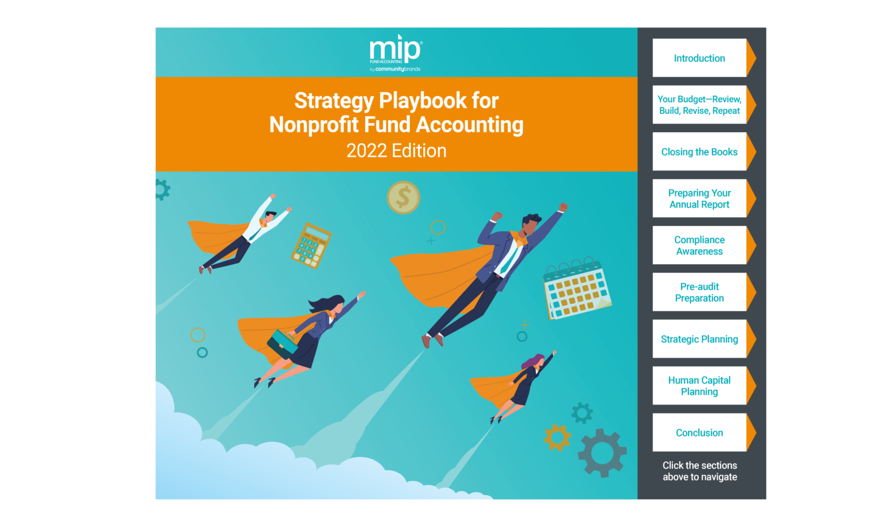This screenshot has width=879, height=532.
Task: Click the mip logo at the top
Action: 395,53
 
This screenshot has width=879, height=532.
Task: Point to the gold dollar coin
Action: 403,197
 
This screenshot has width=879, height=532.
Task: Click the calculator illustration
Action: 311,245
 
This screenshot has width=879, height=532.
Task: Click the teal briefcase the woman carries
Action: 282,344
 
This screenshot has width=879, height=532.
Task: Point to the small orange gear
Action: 557,438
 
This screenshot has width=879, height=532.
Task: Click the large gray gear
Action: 602,453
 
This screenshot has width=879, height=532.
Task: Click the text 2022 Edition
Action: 397,150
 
